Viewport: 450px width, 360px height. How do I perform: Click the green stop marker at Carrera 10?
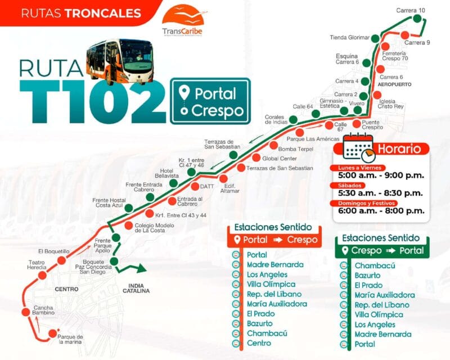tap(417, 19)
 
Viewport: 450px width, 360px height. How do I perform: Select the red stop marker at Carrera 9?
tap(405, 34)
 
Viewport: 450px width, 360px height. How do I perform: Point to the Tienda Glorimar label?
tap(349, 38)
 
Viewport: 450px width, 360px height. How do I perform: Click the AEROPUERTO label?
tap(394, 84)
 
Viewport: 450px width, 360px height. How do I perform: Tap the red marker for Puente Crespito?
tap(355, 124)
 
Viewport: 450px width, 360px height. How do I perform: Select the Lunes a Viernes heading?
tap(360, 168)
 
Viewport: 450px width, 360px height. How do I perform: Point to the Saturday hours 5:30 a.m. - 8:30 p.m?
tap(380, 193)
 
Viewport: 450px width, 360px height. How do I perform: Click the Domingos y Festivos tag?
tap(367, 202)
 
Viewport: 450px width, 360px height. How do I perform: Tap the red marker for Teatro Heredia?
tap(42, 276)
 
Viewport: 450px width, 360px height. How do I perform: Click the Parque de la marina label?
tap(71, 339)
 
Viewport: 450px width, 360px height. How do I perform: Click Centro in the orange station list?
tap(259, 343)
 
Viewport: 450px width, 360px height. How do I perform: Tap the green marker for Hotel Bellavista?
tap(174, 183)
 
